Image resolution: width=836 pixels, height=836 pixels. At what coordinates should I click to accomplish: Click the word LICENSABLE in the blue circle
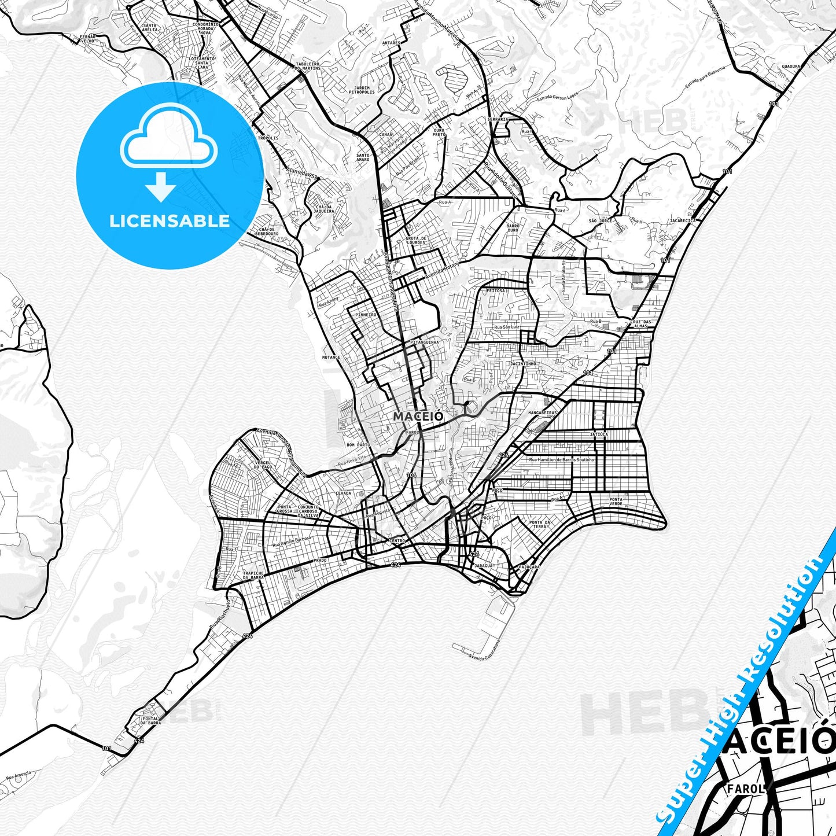[x=170, y=220]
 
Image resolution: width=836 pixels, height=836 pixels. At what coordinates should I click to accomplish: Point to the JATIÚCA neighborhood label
[x=599, y=434]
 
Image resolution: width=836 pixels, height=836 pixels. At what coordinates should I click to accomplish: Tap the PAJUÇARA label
[x=529, y=567]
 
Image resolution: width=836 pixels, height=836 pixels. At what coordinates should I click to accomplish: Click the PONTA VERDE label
[x=616, y=502]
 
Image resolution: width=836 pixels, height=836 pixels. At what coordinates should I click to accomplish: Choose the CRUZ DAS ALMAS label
[x=640, y=323]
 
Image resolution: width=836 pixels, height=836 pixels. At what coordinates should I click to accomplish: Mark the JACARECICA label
[x=682, y=220]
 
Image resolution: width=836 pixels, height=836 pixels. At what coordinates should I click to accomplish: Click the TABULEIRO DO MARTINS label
[x=308, y=66]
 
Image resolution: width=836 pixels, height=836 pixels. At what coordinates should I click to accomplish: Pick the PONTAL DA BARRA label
[x=151, y=721]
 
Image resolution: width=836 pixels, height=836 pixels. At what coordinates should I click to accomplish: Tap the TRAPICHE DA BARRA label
[x=253, y=575]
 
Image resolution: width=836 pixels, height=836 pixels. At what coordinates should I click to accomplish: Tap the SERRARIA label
[x=498, y=119]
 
